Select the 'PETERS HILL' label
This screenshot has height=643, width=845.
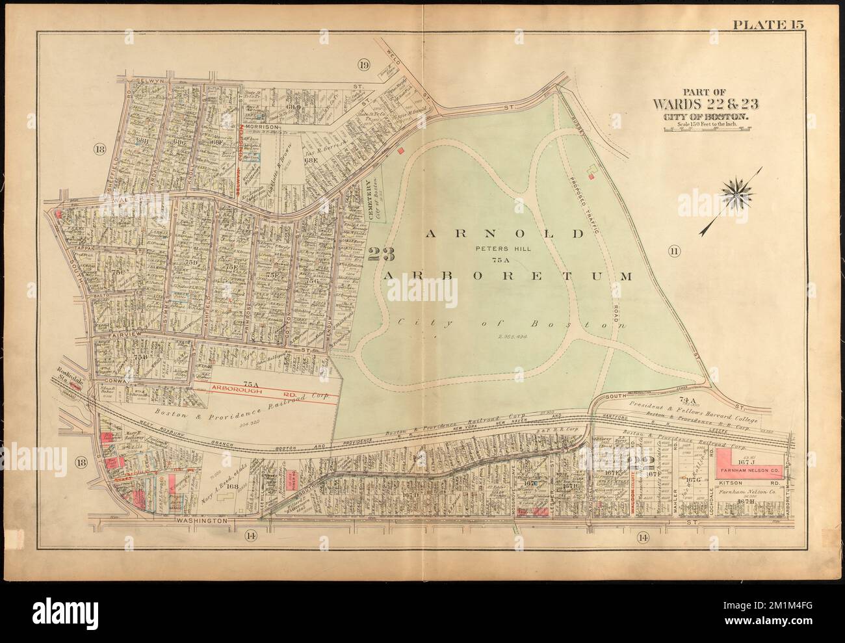tap(497, 248)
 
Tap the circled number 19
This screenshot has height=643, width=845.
tap(363, 64)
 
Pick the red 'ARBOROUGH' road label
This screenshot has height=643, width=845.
tap(236, 386)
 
